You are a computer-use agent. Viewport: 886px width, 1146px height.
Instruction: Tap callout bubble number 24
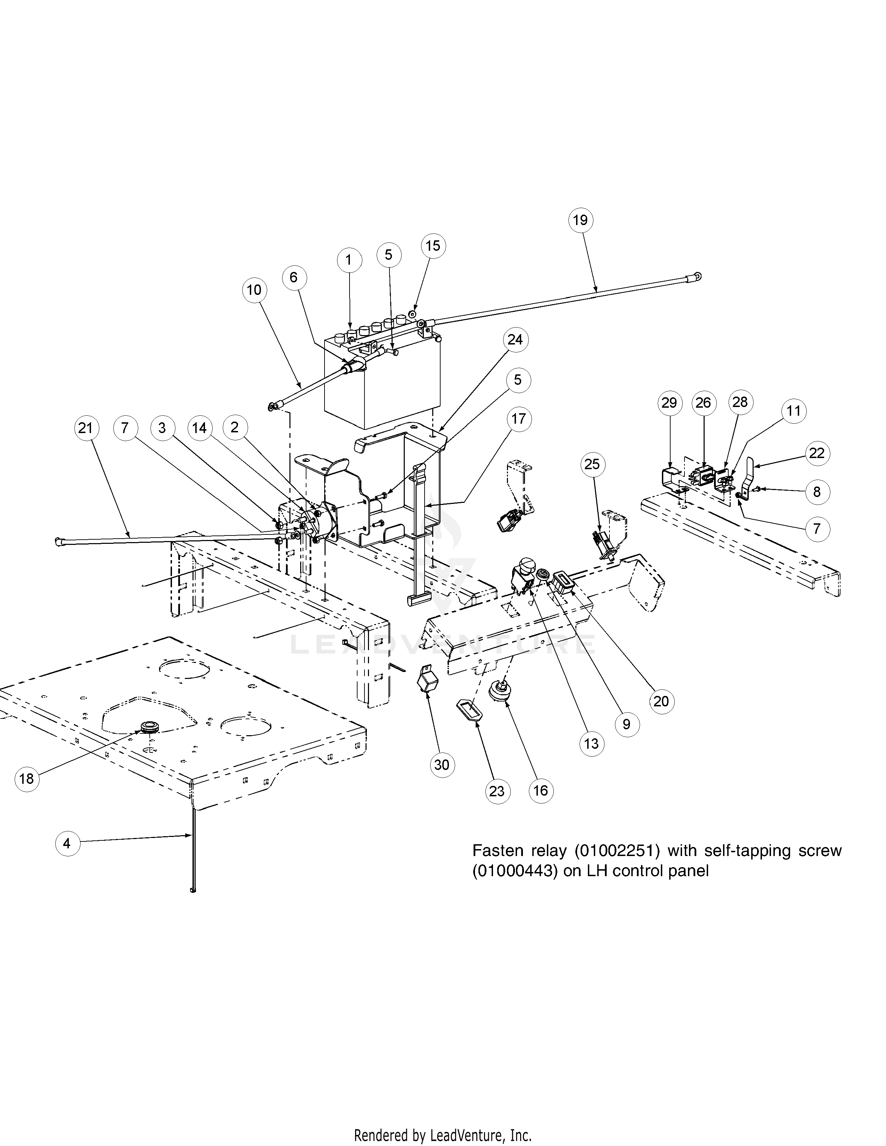515,340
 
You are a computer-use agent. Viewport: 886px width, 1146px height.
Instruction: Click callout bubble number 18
27,779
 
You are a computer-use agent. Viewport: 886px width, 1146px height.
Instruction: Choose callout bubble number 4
67,844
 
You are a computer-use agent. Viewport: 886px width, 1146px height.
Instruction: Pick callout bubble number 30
442,765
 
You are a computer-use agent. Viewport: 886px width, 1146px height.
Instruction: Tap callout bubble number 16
541,791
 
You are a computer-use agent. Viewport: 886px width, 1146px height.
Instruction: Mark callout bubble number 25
592,464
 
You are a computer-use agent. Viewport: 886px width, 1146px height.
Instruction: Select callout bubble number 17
519,419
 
